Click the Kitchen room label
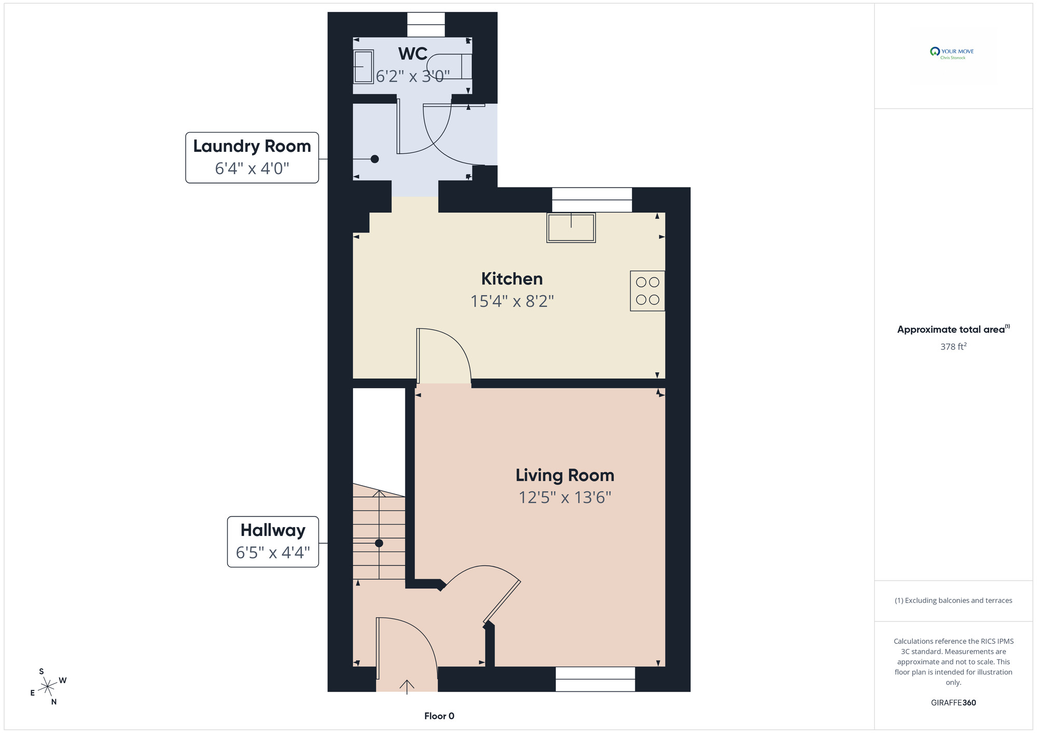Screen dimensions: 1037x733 click(x=512, y=279)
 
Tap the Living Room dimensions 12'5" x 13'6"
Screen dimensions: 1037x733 click(x=565, y=498)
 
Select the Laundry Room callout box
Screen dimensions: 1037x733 click(x=252, y=158)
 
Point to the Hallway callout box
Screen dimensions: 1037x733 click(x=273, y=542)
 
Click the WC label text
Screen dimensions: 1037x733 click(x=413, y=53)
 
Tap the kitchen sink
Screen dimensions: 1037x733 click(x=571, y=228)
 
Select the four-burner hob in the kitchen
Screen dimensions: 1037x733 click(x=648, y=291)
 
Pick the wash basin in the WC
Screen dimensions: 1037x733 click(x=363, y=66)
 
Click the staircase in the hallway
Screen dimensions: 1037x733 click(x=379, y=534)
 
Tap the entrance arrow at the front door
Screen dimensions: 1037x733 click(x=407, y=687)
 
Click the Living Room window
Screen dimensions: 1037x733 click(x=595, y=679)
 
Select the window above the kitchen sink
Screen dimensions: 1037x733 click(x=592, y=200)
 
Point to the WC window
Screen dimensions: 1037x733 click(x=426, y=25)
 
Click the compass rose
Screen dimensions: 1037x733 click(x=48, y=687)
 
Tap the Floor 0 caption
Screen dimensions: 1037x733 click(x=439, y=716)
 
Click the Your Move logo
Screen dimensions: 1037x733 click(x=952, y=52)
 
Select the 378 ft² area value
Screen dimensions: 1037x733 click(x=954, y=346)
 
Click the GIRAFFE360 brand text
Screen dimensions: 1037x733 click(x=954, y=703)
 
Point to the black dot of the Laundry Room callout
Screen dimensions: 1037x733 click(x=375, y=159)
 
